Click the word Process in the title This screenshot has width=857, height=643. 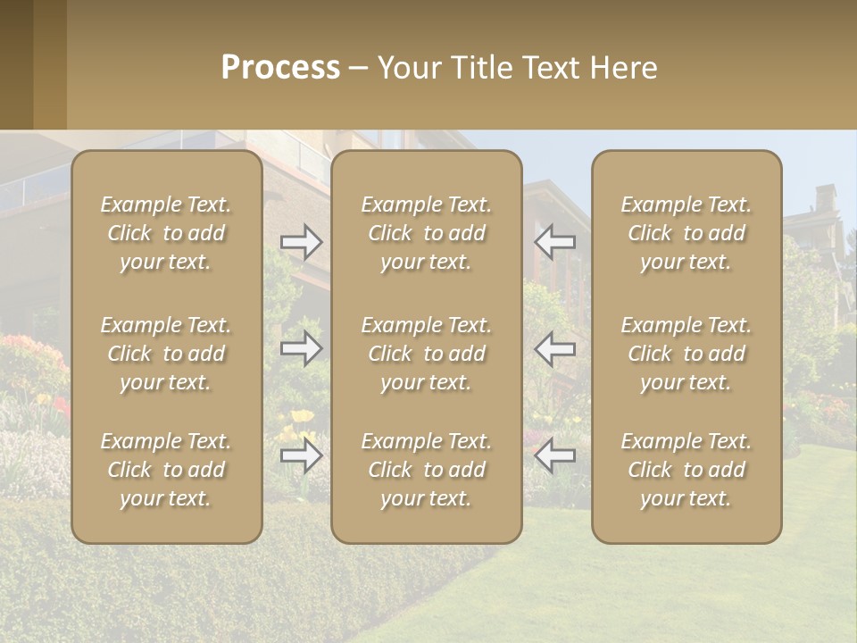coord(280,68)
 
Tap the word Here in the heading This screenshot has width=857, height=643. coord(623,68)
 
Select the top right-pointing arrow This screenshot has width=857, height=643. coord(301,242)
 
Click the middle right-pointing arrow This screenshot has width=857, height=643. coord(301,348)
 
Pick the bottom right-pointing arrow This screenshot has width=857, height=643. coord(301,455)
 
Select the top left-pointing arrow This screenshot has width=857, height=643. coord(555,242)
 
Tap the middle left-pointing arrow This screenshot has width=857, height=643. coord(555,348)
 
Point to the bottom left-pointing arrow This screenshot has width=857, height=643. coord(555,455)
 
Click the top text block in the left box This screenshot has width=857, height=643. coord(166,233)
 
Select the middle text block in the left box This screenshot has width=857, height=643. coord(166,354)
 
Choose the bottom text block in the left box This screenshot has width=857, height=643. coord(166,470)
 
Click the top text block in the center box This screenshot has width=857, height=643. coord(427,233)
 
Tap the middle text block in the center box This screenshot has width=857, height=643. coord(427,354)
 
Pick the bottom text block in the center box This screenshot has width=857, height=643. coord(427,470)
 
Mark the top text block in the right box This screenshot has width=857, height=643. coord(686,233)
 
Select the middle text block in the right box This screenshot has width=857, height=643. coord(686,354)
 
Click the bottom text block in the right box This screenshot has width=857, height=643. coord(686,470)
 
